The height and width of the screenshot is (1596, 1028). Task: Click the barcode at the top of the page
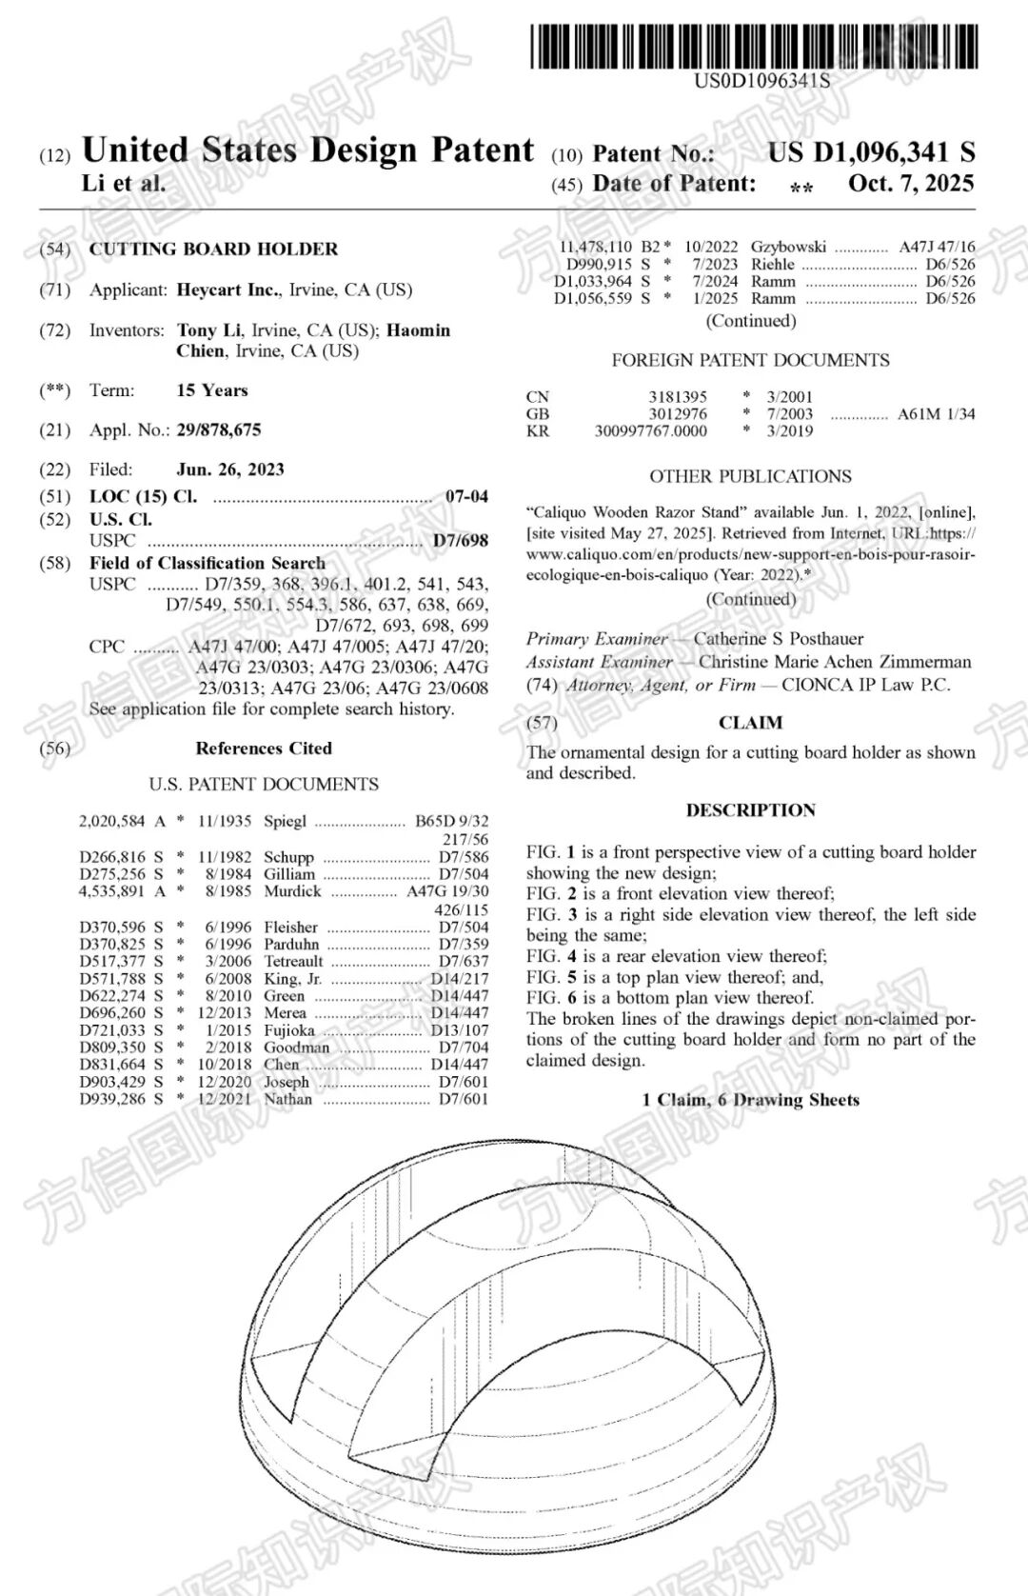click(754, 46)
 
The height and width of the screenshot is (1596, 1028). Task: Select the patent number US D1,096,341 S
click(871, 152)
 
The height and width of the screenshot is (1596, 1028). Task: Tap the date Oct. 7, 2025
click(911, 183)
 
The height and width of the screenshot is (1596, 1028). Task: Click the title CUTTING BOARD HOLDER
click(213, 249)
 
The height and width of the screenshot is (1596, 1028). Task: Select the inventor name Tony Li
click(208, 330)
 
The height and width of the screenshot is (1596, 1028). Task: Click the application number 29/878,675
click(219, 430)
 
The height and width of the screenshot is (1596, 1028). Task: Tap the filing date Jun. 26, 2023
click(230, 469)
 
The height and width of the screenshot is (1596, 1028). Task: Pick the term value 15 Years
click(212, 390)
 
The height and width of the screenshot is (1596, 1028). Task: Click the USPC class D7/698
click(461, 541)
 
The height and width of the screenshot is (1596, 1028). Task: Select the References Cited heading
click(264, 748)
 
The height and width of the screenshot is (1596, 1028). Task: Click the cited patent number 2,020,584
click(112, 821)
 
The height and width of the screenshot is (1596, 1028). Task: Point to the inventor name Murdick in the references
click(293, 891)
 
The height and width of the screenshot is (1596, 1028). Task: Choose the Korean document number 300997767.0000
click(651, 431)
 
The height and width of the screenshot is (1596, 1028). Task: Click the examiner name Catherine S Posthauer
click(779, 639)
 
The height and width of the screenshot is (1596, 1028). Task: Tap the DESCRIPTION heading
click(750, 810)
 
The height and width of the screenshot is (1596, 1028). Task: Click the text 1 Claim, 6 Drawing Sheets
click(750, 1100)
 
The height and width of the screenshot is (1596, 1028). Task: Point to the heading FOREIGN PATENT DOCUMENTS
click(750, 360)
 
